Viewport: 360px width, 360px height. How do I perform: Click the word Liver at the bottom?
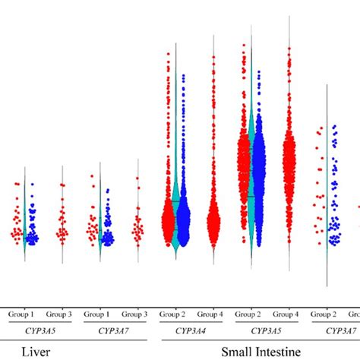point(36,351)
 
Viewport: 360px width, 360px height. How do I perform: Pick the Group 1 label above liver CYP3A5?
point(21,313)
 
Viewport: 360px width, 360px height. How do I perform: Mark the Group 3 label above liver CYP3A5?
point(59,313)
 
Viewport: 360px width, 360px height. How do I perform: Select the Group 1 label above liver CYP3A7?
point(96,313)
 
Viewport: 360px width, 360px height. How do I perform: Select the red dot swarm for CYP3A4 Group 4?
point(213,222)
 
